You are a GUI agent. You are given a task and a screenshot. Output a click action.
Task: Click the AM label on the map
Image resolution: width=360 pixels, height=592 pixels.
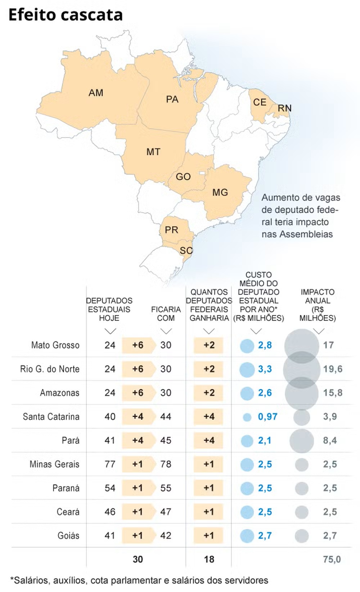click(x=96, y=93)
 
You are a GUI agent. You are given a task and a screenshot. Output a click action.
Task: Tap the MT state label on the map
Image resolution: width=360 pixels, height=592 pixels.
click(x=153, y=152)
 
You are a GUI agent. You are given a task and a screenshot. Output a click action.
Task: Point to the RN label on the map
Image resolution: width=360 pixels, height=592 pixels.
click(x=284, y=108)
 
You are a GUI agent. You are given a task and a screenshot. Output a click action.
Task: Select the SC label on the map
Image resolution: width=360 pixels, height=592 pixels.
click(x=186, y=250)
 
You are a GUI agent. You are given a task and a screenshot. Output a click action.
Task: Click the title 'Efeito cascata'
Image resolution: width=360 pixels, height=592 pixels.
click(x=66, y=15)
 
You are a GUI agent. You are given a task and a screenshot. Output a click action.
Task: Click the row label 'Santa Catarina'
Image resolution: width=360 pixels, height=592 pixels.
click(x=51, y=417)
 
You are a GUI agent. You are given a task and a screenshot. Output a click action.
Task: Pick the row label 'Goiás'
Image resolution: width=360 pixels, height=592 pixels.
click(x=68, y=535)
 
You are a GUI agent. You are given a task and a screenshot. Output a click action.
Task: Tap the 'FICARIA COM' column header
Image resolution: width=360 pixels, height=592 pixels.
click(x=166, y=314)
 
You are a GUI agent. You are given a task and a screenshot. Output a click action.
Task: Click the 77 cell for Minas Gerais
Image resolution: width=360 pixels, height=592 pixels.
click(x=110, y=464)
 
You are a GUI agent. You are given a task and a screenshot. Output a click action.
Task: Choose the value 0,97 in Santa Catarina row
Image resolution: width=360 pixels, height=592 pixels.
click(x=267, y=417)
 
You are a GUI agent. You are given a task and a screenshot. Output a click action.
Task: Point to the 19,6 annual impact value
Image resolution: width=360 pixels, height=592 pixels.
click(x=333, y=369)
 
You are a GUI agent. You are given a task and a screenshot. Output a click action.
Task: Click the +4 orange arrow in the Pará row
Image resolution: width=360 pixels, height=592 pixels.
click(x=138, y=440)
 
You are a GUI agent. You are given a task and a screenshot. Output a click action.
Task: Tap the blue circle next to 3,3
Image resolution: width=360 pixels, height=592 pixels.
click(x=247, y=369)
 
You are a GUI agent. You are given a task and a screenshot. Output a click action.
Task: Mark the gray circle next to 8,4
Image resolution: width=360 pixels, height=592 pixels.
click(x=302, y=440)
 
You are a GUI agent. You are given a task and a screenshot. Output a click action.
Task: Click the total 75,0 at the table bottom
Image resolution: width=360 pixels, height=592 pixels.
click(x=332, y=559)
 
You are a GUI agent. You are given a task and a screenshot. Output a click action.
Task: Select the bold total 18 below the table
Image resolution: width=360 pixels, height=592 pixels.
click(x=209, y=559)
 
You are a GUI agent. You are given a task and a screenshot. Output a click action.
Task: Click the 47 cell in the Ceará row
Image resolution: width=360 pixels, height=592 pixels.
click(x=166, y=512)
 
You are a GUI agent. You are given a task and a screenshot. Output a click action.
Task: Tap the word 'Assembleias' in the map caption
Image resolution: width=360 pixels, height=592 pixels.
click(x=306, y=234)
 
